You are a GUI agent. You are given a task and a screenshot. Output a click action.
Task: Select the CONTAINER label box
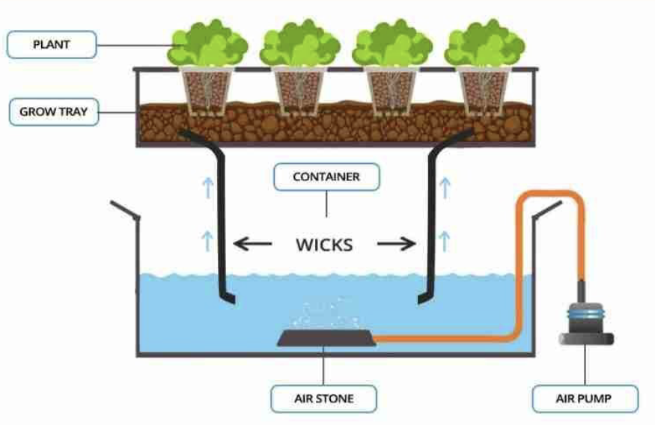click(327, 177)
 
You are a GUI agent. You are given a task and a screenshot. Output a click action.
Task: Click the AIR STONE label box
click(323, 398)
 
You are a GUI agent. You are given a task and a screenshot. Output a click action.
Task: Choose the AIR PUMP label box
click(585, 398)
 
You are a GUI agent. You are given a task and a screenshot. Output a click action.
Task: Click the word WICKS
click(324, 243)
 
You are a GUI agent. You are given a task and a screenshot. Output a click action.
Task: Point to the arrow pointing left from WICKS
click(250, 243)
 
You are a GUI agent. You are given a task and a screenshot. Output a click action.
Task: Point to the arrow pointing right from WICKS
click(397, 243)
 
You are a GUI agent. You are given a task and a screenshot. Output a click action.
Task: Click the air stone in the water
click(326, 338)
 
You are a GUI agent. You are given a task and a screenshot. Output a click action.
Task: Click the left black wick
click(220, 217)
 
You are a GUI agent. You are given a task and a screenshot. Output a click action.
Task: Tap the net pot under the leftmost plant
click(207, 90)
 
